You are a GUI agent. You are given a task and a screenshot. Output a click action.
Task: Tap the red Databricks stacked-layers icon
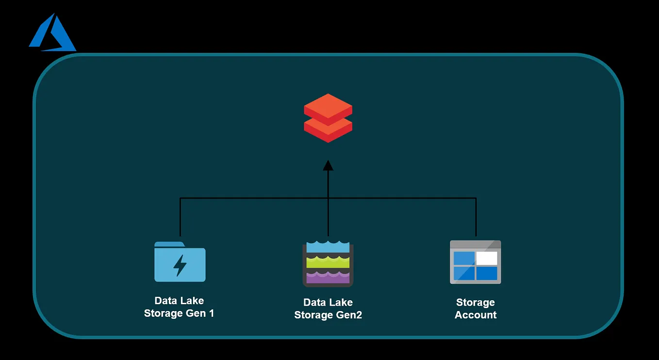click(x=328, y=118)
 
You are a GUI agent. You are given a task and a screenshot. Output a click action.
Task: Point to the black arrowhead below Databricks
click(x=328, y=166)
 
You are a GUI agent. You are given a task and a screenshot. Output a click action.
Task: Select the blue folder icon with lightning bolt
click(x=180, y=262)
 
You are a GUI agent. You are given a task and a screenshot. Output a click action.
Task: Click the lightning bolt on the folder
click(x=180, y=265)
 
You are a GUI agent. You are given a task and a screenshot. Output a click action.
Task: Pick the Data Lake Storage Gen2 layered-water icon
click(x=328, y=263)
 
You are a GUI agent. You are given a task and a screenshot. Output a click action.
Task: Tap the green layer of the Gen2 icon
click(x=328, y=262)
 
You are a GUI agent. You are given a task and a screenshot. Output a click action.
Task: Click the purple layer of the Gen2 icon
click(x=328, y=277)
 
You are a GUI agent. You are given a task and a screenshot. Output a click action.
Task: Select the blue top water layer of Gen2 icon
click(x=328, y=247)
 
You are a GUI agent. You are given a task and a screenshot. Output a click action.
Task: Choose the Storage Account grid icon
click(x=475, y=262)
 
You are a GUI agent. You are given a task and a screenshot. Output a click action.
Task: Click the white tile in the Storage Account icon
click(x=487, y=258)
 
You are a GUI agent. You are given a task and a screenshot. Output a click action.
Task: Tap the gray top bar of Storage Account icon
click(x=475, y=245)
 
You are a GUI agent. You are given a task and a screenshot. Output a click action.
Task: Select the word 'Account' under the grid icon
click(x=476, y=315)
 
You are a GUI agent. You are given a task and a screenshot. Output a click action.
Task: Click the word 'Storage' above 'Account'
click(x=476, y=303)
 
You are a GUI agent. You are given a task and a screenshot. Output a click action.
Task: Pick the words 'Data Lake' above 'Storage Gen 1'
click(x=179, y=301)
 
